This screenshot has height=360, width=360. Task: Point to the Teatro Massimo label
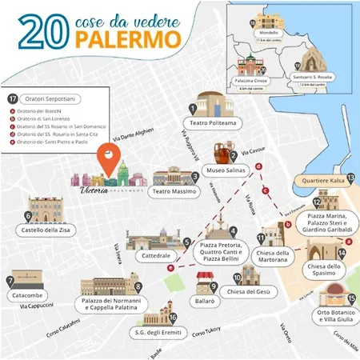pos(174,192)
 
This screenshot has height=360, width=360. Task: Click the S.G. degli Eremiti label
pos(158,330)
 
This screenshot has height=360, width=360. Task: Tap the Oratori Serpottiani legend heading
pos(53,98)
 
